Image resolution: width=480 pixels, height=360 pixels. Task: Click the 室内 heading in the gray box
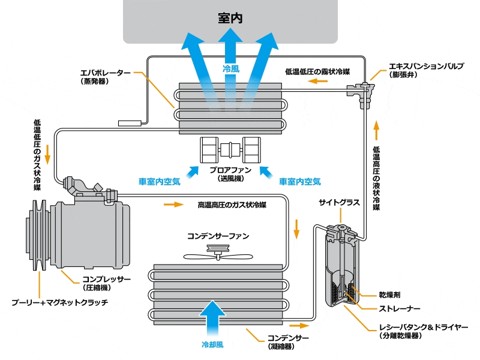tap(230, 18)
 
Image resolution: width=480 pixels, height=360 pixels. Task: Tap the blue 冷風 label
tap(231, 68)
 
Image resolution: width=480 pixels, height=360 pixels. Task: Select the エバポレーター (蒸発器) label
tap(105, 77)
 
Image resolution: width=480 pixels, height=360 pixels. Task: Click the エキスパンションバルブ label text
tap(426, 67)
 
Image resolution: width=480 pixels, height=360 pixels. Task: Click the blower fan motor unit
tap(230, 150)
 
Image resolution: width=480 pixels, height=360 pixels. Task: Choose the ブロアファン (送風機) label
tap(230, 174)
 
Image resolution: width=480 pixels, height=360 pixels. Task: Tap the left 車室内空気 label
tap(159, 182)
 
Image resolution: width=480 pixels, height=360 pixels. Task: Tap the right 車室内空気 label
tap(299, 182)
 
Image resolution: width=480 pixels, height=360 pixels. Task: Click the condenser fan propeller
tap(218, 253)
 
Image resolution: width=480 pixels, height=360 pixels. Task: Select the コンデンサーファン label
tap(218, 236)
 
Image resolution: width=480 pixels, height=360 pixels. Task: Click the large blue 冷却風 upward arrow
tap(212, 319)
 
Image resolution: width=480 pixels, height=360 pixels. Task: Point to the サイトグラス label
tap(339, 203)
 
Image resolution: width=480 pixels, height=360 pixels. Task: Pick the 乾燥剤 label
tap(389, 295)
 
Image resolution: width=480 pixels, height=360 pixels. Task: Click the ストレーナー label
tap(400, 308)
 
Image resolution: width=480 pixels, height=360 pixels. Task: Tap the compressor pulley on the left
tap(37, 235)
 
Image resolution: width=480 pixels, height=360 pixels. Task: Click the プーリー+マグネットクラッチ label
tap(60, 302)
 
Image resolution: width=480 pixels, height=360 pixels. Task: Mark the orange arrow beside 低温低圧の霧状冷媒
tap(318, 81)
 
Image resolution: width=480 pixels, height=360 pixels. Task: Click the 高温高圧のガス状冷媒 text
tap(232, 205)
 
